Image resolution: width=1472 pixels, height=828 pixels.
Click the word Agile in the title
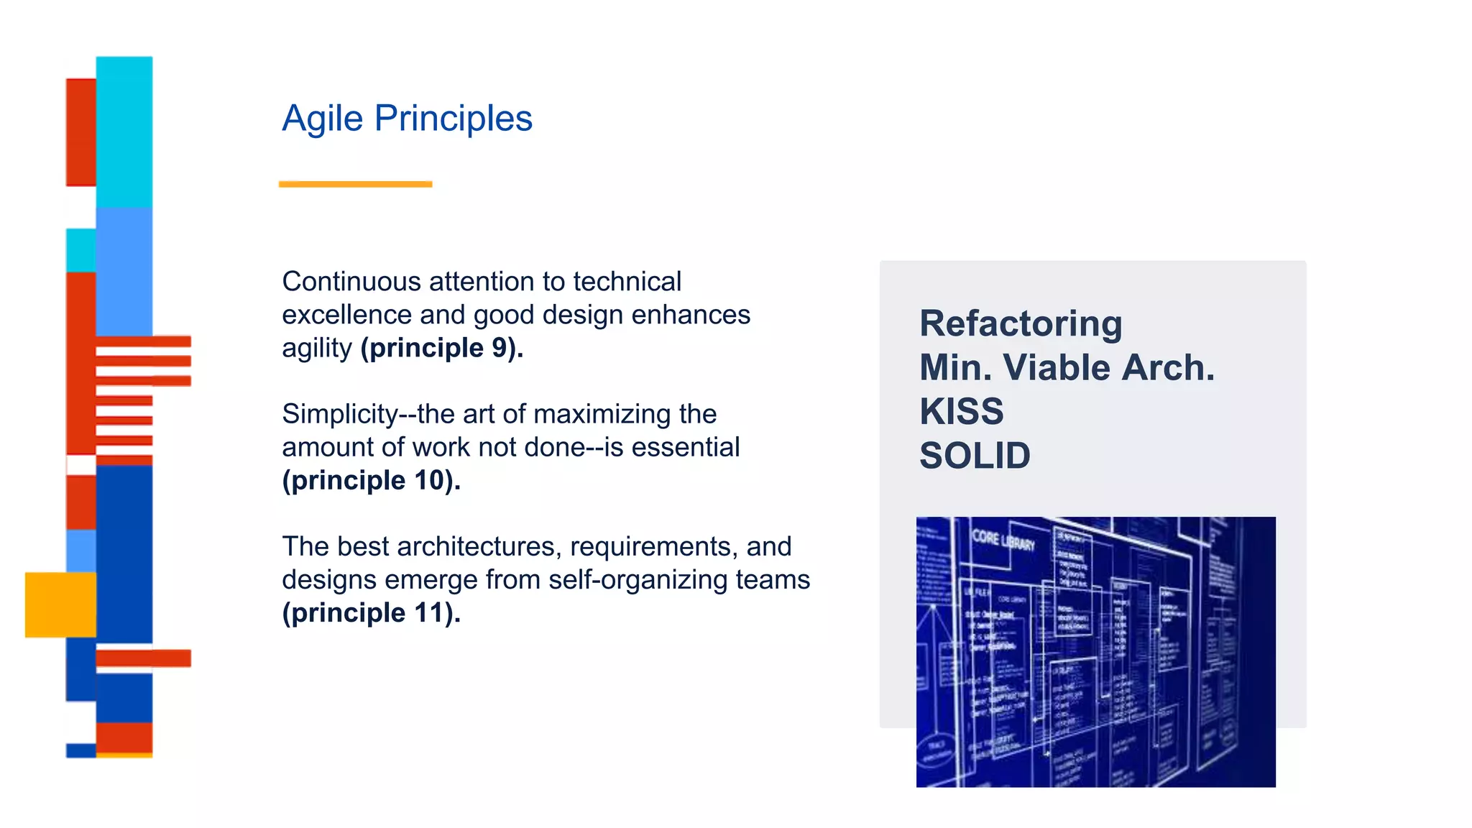click(322, 119)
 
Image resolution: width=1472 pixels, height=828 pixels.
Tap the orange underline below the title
click(355, 184)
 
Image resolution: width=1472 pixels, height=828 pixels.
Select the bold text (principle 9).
click(441, 348)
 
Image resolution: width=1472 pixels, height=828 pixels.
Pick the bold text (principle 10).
click(371, 480)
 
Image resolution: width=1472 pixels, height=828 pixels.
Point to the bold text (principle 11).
click(371, 613)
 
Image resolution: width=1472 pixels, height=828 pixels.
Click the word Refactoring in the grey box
click(1021, 323)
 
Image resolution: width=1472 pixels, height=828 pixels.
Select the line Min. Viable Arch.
click(1067, 368)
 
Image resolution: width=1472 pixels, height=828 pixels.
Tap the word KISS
click(961, 412)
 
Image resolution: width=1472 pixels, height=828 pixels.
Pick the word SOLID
click(975, 456)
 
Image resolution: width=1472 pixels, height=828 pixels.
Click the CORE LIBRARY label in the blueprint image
click(1003, 540)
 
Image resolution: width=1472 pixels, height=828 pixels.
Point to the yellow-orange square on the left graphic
click(60, 604)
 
